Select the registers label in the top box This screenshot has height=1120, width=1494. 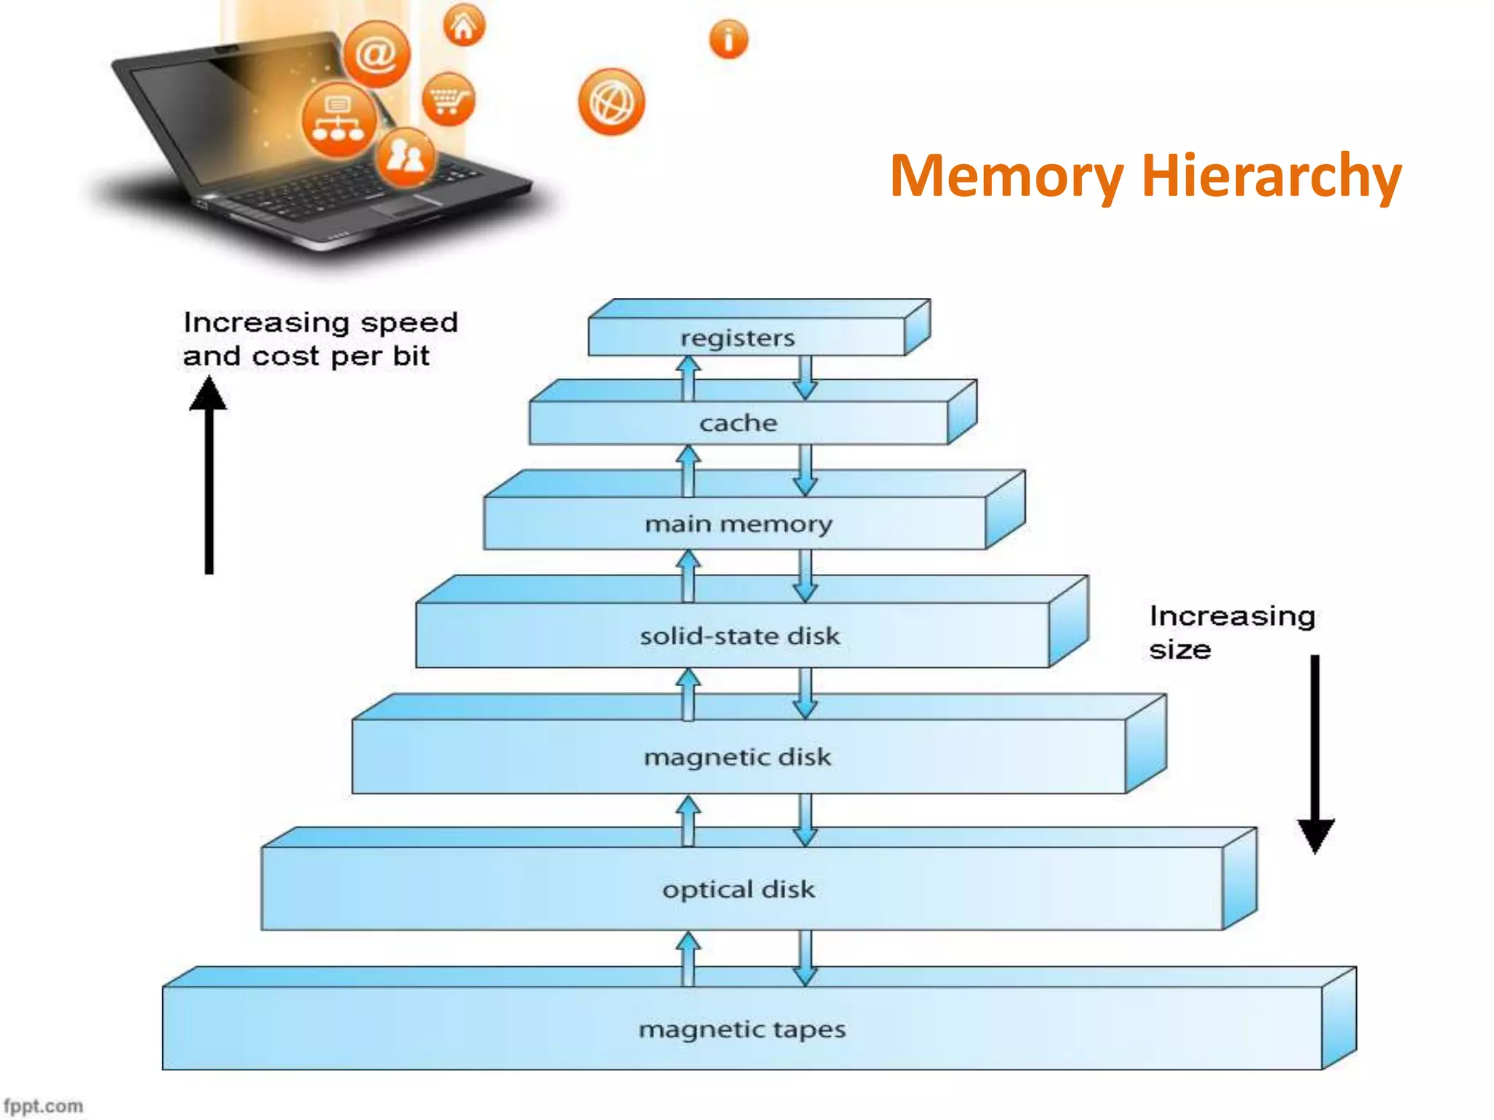click(738, 338)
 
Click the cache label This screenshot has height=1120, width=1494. click(738, 423)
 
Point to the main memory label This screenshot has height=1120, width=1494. click(738, 524)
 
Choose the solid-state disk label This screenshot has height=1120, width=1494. click(740, 636)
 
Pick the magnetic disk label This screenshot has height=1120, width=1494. click(738, 757)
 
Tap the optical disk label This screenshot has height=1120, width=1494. click(738, 890)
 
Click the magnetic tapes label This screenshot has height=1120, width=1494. click(742, 1030)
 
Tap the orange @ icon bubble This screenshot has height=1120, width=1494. click(376, 55)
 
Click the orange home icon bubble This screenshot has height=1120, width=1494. click(464, 26)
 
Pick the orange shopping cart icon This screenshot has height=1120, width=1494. click(448, 99)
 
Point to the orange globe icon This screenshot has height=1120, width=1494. click(611, 102)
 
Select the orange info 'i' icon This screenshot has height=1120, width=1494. click(728, 39)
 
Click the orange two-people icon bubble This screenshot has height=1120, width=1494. click(406, 156)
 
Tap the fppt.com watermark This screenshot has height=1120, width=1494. click(43, 1105)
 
